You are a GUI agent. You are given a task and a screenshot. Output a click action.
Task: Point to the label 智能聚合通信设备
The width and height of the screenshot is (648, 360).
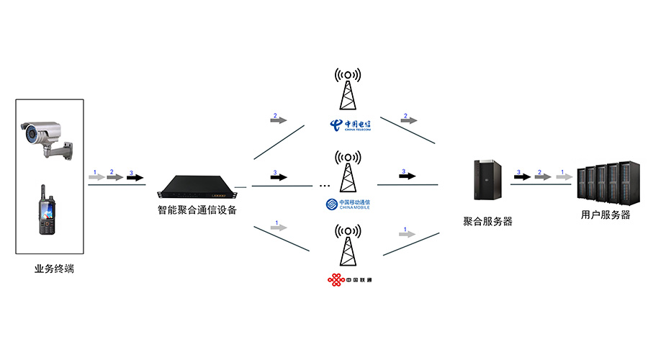point(197,210)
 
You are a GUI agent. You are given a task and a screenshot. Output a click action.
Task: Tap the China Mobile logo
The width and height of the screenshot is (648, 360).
point(348,204)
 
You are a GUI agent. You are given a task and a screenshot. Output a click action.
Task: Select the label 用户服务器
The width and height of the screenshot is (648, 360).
point(606,215)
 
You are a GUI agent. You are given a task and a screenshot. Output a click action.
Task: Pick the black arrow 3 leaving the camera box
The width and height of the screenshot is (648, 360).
point(135,177)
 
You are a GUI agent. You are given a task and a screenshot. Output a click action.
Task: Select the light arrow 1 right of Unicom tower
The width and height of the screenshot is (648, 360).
point(408,235)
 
